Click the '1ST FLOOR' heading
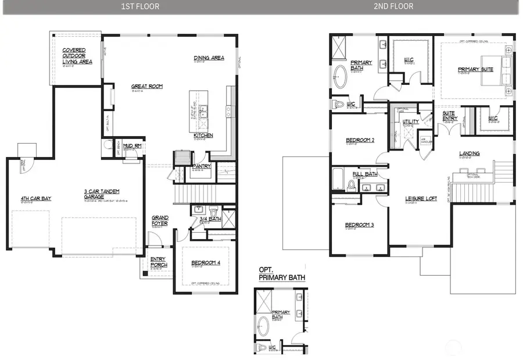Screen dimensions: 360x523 click(x=139, y=6)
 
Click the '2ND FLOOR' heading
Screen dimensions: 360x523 click(x=394, y=6)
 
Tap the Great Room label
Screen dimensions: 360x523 click(x=146, y=87)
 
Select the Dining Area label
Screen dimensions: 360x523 click(x=209, y=58)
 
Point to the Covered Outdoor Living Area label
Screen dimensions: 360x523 click(x=77, y=56)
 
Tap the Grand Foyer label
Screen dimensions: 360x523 click(x=160, y=220)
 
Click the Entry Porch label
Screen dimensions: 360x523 click(x=158, y=262)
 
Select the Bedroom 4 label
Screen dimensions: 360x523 click(x=206, y=263)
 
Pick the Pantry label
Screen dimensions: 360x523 click(x=201, y=166)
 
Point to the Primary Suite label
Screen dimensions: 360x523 click(x=475, y=69)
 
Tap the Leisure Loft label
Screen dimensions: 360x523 click(x=421, y=199)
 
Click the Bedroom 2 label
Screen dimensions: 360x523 click(x=360, y=140)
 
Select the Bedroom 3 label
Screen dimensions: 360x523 click(x=359, y=225)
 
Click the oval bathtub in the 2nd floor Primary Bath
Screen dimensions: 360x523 click(x=340, y=76)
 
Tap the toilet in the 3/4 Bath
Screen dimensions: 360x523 click(x=213, y=211)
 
